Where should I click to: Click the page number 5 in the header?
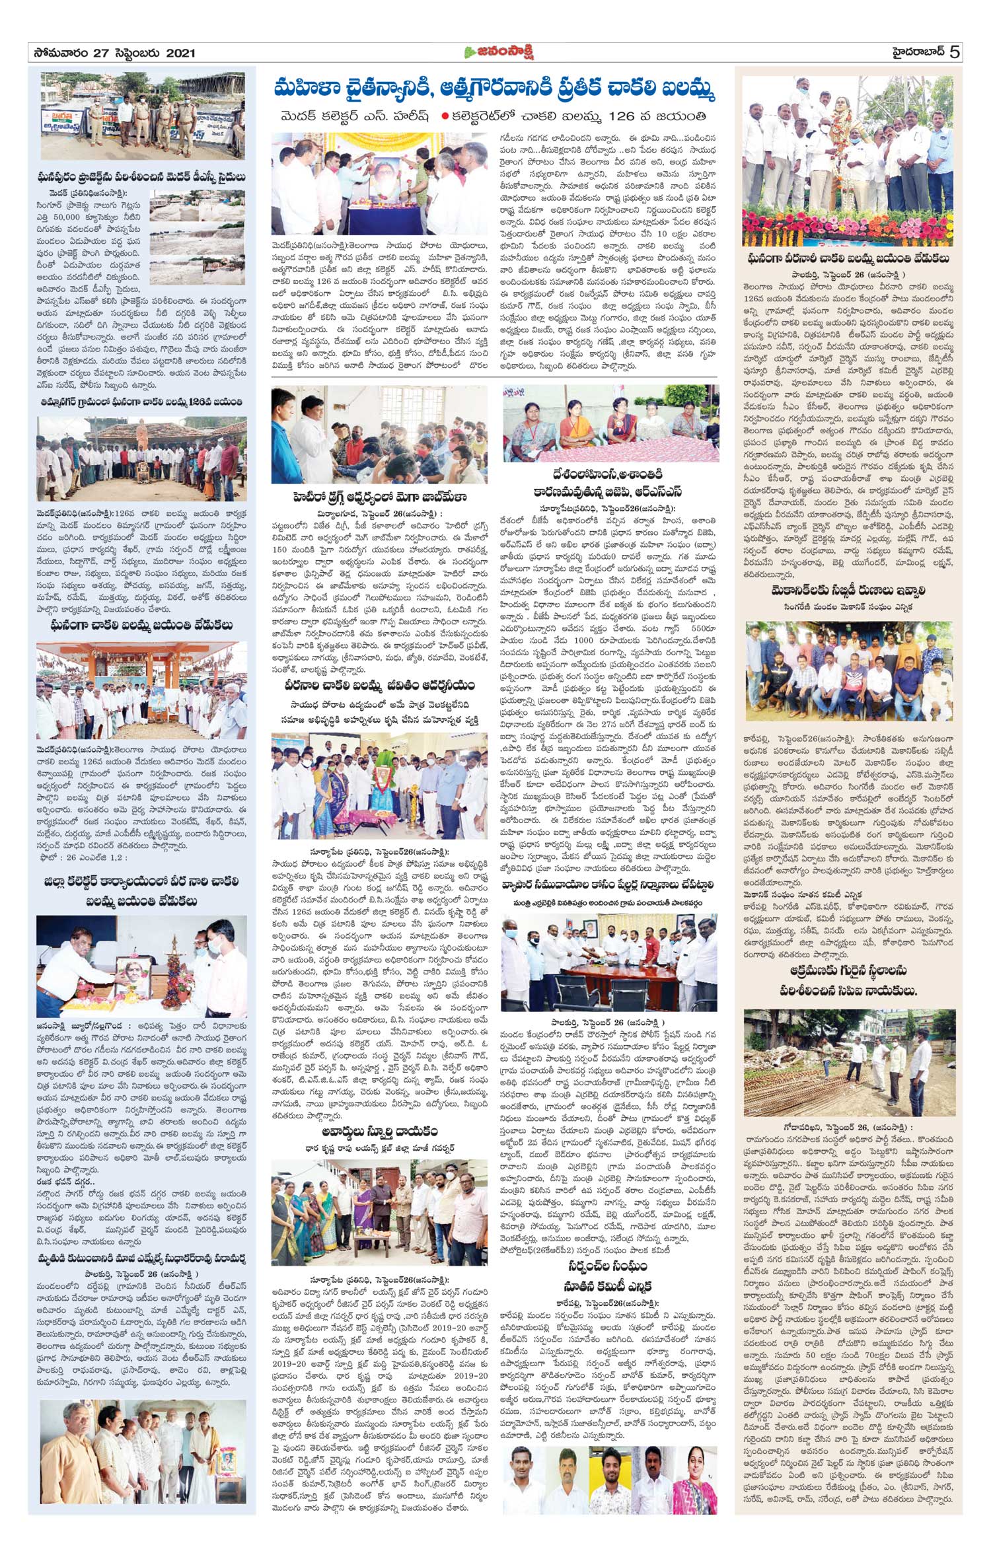(x=954, y=52)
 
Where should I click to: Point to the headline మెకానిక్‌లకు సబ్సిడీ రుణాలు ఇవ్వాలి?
(x=848, y=591)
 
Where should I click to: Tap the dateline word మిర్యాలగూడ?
(x=342, y=513)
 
